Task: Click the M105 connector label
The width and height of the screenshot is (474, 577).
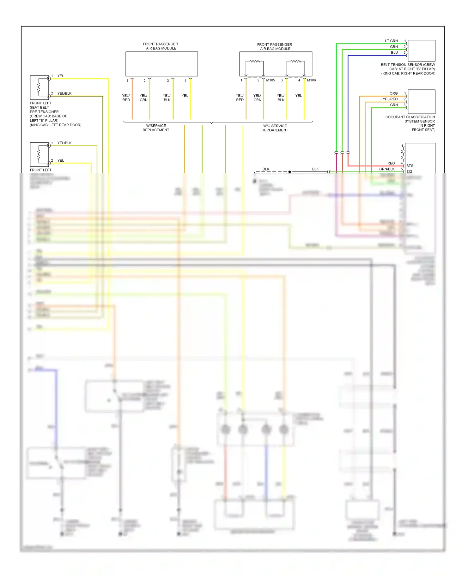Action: [270, 80]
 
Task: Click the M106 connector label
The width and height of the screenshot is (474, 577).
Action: [311, 80]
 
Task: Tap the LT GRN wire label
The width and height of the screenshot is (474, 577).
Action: [391, 41]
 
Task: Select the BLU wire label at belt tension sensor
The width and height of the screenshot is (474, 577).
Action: [394, 53]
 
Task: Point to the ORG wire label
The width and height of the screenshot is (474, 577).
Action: [393, 93]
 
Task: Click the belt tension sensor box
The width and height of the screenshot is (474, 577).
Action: [422, 51]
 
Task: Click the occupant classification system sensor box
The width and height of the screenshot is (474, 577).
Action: [422, 102]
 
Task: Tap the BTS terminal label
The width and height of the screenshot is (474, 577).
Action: [410, 166]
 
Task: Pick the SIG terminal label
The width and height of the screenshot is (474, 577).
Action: [409, 172]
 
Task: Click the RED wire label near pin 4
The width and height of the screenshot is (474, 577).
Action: [391, 163]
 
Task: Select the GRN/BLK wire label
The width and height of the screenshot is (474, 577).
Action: [387, 169]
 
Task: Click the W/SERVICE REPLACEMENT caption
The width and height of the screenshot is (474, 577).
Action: [156, 128]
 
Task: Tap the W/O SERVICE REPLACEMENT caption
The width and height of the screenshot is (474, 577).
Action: [275, 128]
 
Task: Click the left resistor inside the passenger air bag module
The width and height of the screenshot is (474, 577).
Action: [255, 61]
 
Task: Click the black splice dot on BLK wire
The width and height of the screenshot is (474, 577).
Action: [289, 172]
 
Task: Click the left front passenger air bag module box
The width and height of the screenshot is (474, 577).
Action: [161, 64]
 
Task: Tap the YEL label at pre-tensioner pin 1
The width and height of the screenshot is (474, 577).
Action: [61, 76]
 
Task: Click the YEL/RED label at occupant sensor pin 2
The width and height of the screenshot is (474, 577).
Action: [390, 99]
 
